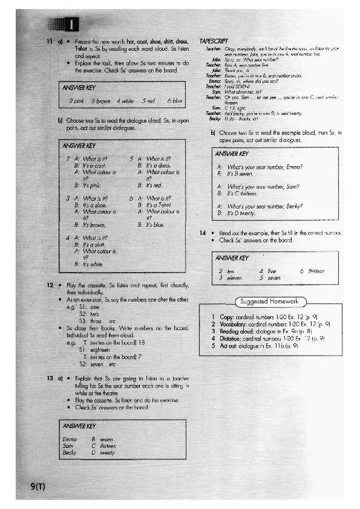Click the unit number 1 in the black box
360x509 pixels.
(x=71, y=25)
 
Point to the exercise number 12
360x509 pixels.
(x=50, y=285)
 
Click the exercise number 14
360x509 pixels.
(x=203, y=232)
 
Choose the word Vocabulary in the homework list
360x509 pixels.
(x=234, y=324)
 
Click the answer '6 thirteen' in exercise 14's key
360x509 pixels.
(x=312, y=271)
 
